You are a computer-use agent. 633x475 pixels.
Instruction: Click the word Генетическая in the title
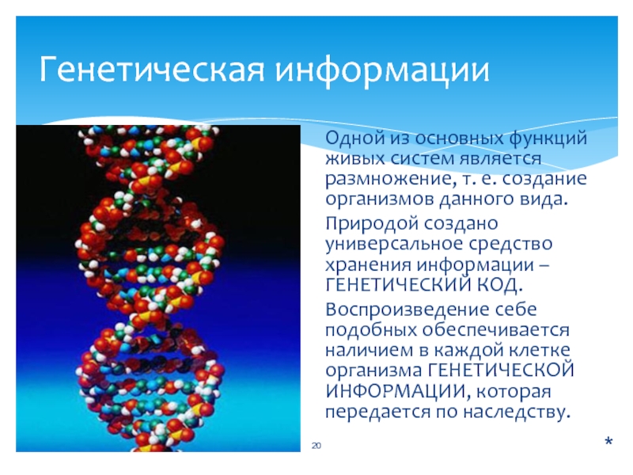pyautogui.click(x=153, y=70)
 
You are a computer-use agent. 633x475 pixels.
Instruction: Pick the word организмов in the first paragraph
pyautogui.click(x=379, y=200)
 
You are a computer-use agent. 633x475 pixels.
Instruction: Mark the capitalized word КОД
pyautogui.click(x=501, y=286)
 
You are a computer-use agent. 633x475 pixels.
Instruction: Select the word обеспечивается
pyautogui.click(x=496, y=330)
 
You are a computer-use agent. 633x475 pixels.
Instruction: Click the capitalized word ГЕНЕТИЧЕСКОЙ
pyautogui.click(x=501, y=370)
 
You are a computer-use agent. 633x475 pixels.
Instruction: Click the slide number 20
pyautogui.click(x=316, y=446)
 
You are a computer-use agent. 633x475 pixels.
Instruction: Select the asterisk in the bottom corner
pyautogui.click(x=608, y=441)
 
